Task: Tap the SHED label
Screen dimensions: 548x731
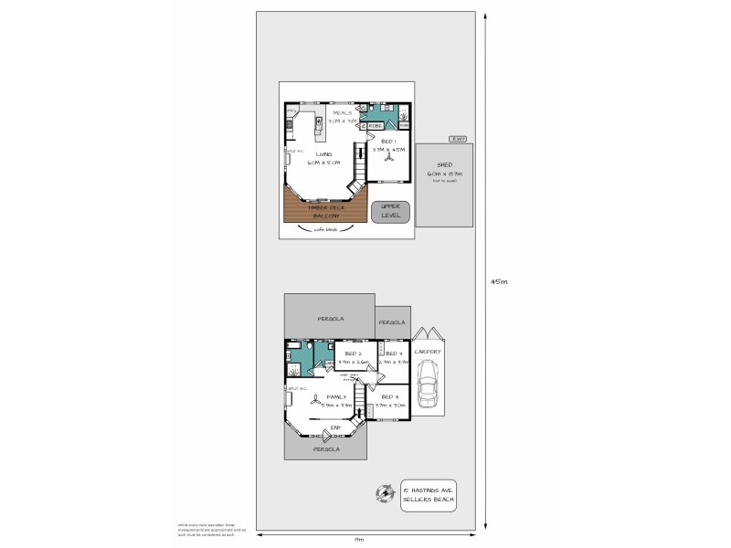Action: coord(445,165)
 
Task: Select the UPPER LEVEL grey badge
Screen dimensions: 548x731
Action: coord(391,212)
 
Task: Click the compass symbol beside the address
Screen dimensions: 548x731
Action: coord(382,494)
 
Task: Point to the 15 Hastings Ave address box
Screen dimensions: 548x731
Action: coord(429,495)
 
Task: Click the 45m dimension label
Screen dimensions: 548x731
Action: coord(498,281)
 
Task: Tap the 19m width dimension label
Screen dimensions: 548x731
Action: coord(360,539)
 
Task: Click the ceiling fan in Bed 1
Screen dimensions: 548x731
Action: coord(388,157)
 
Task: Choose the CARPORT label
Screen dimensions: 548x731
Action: coord(428,352)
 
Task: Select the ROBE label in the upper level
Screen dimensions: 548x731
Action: coord(376,125)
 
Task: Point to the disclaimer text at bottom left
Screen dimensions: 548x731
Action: coord(206,530)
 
